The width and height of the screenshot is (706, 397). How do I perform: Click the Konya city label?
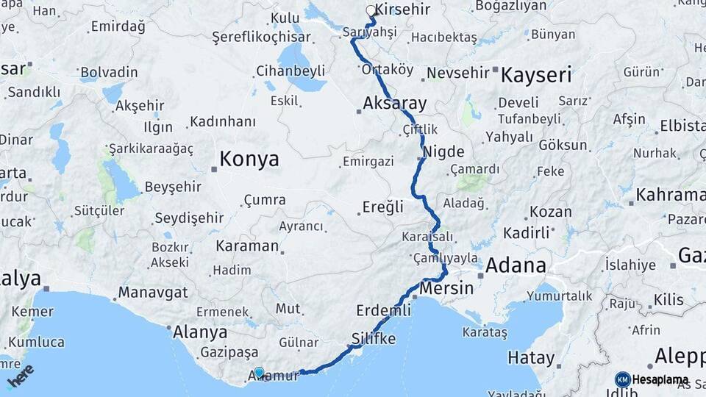[x=250, y=159]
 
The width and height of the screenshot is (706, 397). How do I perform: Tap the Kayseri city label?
[x=536, y=76]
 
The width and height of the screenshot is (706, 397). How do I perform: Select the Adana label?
[x=516, y=265]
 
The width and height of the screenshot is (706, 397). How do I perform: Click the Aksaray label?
[x=394, y=103]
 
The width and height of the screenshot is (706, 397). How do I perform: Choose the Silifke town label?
[x=374, y=339]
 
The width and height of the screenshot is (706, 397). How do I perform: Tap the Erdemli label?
[x=383, y=310]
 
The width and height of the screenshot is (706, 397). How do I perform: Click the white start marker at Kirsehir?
[x=371, y=11]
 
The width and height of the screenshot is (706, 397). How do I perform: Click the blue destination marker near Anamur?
[x=259, y=372]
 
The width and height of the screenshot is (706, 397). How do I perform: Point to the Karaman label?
[x=247, y=246]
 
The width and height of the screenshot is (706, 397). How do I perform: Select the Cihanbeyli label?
[x=290, y=71]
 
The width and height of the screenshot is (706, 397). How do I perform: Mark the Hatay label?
[x=531, y=359]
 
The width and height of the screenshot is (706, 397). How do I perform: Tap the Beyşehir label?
[x=173, y=187]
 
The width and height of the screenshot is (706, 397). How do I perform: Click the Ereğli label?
[x=383, y=207]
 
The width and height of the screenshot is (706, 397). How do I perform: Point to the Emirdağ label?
[x=118, y=27]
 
